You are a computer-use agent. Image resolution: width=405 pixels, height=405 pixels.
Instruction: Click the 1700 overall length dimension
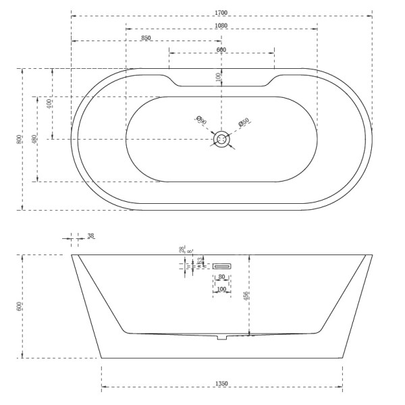pyautogui.click(x=221, y=11)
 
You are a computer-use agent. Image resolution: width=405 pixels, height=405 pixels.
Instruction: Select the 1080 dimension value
pyautogui.click(x=221, y=26)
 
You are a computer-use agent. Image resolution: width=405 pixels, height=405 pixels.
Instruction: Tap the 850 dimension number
pyautogui.click(x=146, y=38)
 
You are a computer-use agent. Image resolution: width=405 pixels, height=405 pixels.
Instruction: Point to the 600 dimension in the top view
pyautogui.click(x=221, y=50)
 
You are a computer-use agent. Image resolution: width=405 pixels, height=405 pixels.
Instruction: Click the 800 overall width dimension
pyautogui.click(x=19, y=139)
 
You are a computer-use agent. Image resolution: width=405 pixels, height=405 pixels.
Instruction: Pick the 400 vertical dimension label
pyautogui.click(x=49, y=104)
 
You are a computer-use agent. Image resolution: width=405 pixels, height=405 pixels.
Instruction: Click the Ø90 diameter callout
pyautogui.click(x=200, y=121)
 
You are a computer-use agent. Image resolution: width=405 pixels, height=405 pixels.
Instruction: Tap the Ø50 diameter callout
pyautogui.click(x=244, y=123)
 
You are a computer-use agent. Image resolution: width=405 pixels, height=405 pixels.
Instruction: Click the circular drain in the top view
pyautogui.click(x=221, y=139)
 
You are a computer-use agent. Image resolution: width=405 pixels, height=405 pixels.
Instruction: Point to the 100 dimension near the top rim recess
pyautogui.click(x=218, y=78)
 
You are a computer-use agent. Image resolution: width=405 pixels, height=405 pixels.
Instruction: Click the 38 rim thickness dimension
pyautogui.click(x=91, y=236)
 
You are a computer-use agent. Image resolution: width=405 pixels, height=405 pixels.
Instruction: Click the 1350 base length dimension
pyautogui.click(x=221, y=384)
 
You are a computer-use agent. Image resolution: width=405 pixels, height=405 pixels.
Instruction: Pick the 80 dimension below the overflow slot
pyautogui.click(x=221, y=277)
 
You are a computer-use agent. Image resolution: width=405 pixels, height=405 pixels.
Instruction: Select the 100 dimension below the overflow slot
pyautogui.click(x=221, y=290)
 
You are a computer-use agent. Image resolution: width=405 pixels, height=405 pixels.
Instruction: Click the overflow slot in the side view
pyautogui.click(x=222, y=266)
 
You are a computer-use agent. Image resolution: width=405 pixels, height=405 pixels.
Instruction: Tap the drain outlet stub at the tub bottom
pyautogui.click(x=221, y=336)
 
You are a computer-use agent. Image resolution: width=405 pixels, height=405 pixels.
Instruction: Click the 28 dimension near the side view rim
pyautogui.click(x=182, y=250)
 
